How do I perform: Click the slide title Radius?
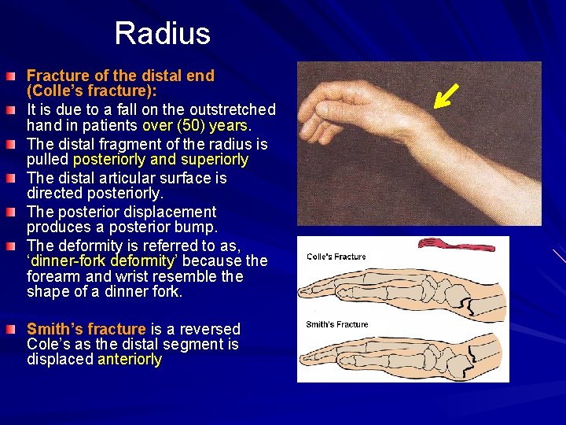pyautogui.click(x=163, y=33)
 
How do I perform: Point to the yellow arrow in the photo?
pyautogui.click(x=446, y=96)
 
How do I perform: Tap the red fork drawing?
pyautogui.click(x=457, y=244)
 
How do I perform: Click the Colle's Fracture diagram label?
pyautogui.click(x=336, y=257)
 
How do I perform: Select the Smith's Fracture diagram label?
pyautogui.click(x=336, y=324)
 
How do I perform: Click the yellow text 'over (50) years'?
pyautogui.click(x=195, y=125)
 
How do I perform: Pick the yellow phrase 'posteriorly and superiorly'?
pyautogui.click(x=160, y=159)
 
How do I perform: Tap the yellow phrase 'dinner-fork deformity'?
pyautogui.click(x=103, y=261)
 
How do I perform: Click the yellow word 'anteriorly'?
pyautogui.click(x=130, y=359)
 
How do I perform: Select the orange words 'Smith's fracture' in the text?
pyautogui.click(x=86, y=329)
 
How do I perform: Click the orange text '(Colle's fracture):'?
pyautogui.click(x=92, y=91)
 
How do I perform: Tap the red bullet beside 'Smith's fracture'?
pyautogui.click(x=11, y=329)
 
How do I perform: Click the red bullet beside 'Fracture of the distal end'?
pyautogui.click(x=11, y=76)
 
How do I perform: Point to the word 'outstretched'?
pyautogui.click(x=233, y=109)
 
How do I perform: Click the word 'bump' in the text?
pyautogui.click(x=199, y=227)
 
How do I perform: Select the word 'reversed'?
pyautogui.click(x=210, y=329)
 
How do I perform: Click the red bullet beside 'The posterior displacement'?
pyautogui.click(x=11, y=212)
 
